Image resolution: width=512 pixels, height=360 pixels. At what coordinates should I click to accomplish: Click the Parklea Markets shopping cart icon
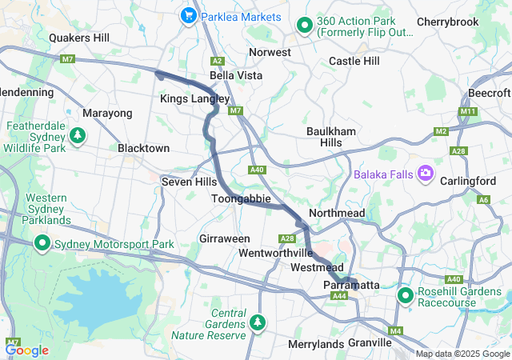190,15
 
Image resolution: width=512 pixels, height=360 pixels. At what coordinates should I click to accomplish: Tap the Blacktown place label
143,149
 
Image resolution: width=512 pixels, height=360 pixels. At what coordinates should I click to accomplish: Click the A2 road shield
216,61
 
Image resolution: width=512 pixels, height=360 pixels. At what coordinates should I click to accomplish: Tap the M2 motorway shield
442,130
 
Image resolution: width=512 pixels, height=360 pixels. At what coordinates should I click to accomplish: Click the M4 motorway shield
395,330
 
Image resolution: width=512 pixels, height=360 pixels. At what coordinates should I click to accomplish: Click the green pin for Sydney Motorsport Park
41,243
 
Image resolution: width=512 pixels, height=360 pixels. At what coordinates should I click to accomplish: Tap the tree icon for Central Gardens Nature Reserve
258,322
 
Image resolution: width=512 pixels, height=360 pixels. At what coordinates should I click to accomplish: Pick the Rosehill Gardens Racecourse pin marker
406,295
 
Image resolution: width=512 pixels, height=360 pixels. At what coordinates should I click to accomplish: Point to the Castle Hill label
354,61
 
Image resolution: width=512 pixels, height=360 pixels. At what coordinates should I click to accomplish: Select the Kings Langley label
194,98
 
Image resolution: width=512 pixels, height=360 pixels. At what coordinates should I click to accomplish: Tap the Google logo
26,350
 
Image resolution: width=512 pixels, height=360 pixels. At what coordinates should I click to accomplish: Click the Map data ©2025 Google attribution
462,354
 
